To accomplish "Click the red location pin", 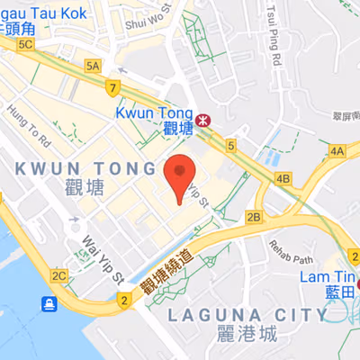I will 180,175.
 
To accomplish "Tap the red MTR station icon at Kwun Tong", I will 203,117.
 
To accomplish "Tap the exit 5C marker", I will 25,44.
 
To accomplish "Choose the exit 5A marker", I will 93,66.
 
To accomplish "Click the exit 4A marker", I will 337,153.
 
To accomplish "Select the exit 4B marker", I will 283,179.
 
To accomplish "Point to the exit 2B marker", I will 254,217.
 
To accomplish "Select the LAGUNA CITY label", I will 247,315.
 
